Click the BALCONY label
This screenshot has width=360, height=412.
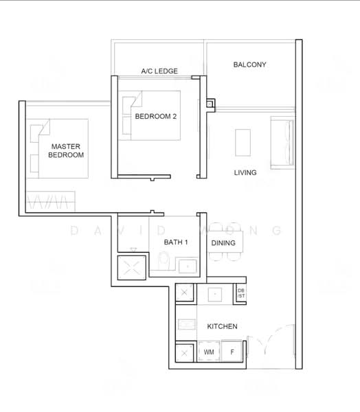(249, 65)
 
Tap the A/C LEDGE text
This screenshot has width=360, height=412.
(159, 71)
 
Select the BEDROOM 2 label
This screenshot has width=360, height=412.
(156, 117)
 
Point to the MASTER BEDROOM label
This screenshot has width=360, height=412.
(66, 150)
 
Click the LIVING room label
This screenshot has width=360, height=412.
(245, 172)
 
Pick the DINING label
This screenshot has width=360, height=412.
(223, 243)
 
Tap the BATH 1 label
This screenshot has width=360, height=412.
(176, 242)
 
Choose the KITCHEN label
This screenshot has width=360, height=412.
(222, 326)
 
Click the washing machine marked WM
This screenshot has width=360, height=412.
(209, 352)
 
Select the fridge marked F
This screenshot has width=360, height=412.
(232, 352)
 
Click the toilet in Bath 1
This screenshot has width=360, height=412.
(164, 260)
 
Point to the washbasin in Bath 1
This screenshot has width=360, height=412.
(188, 266)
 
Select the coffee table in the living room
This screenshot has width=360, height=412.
(243, 143)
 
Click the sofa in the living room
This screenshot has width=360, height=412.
(282, 142)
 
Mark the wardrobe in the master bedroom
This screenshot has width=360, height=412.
(51, 201)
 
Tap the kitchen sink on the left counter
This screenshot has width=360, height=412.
(187, 324)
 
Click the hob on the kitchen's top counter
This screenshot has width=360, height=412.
(215, 295)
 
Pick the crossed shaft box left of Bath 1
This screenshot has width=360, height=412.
(131, 268)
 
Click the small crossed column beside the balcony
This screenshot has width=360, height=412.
(210, 104)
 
